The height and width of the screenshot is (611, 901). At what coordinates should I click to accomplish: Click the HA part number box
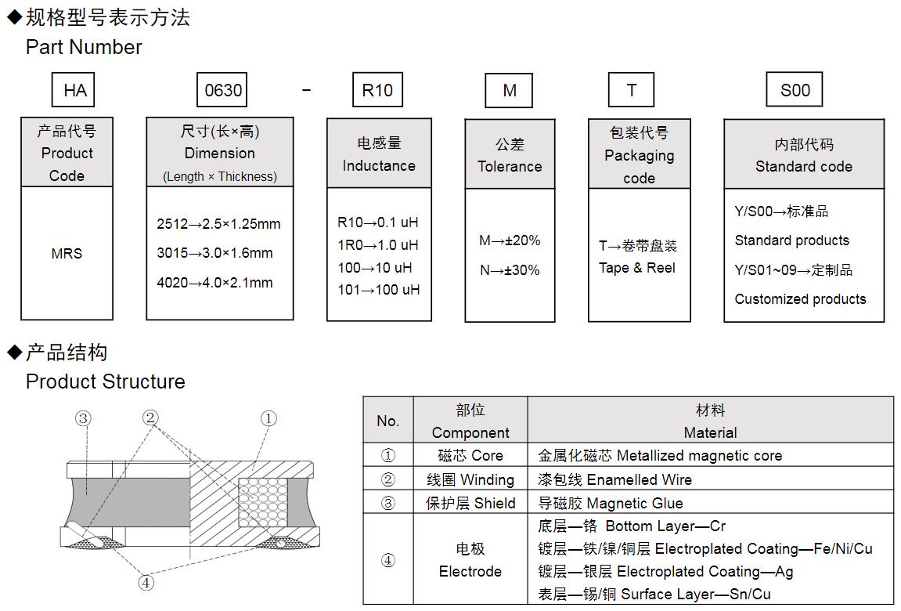(75, 90)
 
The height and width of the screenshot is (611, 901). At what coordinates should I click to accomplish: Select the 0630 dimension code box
(222, 90)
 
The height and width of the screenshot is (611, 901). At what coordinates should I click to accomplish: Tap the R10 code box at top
(377, 90)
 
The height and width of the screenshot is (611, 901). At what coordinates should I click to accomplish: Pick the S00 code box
(795, 90)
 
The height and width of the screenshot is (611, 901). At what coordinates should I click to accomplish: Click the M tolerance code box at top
(510, 90)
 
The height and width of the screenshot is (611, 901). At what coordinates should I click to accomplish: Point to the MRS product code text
(67, 254)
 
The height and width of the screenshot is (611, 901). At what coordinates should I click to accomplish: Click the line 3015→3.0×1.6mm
(214, 253)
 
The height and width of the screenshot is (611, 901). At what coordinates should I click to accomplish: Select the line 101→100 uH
(378, 290)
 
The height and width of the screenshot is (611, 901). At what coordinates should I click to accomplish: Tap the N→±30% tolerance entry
(510, 270)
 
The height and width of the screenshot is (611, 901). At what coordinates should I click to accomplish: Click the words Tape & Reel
(636, 268)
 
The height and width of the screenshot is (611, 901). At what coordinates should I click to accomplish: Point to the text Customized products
(800, 299)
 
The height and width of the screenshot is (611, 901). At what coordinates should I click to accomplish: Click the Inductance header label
(379, 166)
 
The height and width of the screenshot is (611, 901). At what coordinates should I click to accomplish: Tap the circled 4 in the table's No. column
(387, 560)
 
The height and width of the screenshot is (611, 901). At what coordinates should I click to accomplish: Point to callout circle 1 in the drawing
(268, 418)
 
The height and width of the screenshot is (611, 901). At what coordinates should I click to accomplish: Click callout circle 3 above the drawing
(83, 418)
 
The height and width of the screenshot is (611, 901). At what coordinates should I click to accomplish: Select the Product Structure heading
(106, 381)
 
